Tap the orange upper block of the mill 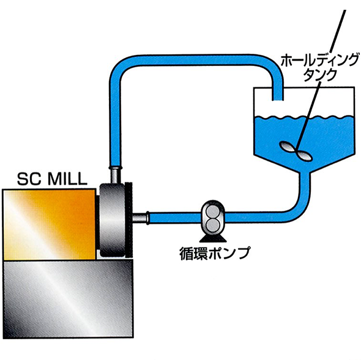tap(49, 224)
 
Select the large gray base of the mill tap(69, 299)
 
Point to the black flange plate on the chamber tap(128, 219)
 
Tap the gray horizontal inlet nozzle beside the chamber tap(141, 218)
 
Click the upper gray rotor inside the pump tap(213, 211)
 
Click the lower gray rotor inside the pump tap(213, 225)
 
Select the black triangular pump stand tap(213, 238)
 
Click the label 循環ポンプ tap(215, 253)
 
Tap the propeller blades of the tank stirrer tap(296, 151)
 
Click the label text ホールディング tap(320, 61)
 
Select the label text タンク tap(320, 75)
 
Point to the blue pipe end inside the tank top tap(277, 94)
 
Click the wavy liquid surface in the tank tap(303, 118)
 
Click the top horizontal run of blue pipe tap(196, 60)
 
